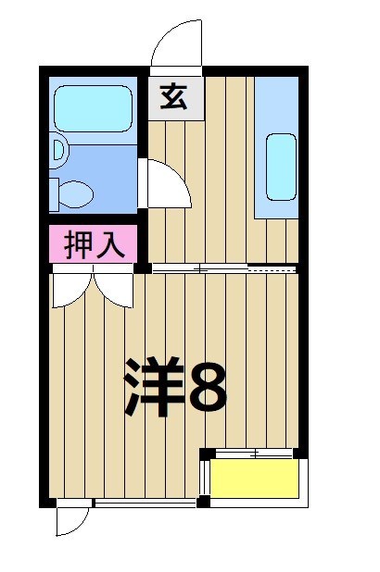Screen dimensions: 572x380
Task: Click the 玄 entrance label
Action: coord(175,96)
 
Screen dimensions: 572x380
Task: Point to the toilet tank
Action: coord(55,193)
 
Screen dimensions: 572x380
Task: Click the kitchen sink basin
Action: coord(282,166)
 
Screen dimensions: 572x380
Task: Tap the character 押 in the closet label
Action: coord(79,244)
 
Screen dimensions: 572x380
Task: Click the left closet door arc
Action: coord(71,288)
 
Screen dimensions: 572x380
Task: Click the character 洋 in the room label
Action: coord(153,386)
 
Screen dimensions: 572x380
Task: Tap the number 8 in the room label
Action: coord(209,388)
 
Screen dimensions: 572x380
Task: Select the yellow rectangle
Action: coord(255,479)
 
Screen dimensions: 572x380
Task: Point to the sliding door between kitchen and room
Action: coord(222,269)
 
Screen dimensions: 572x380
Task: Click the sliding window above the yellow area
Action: coord(252,454)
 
